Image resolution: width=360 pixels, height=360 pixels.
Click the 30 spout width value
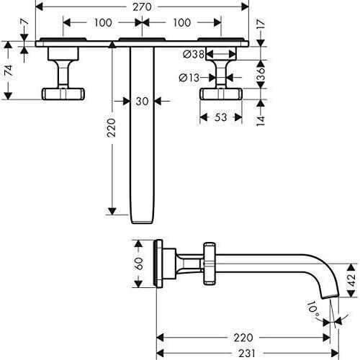pos(143,102)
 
